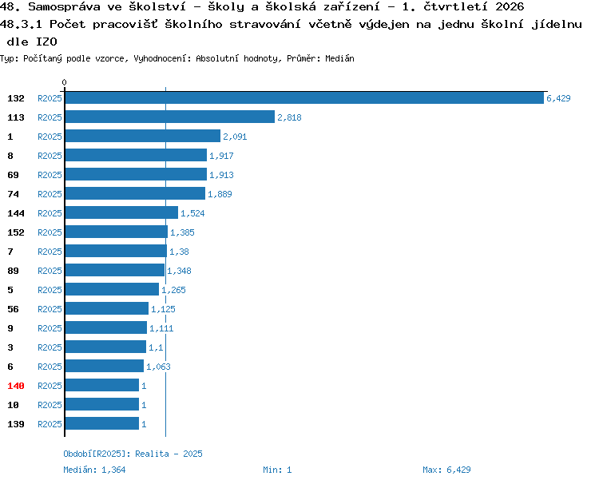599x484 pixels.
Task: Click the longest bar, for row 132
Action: pos(304,97)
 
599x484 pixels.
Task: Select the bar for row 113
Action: pos(170,117)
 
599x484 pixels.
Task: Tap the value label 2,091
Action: pos(235,137)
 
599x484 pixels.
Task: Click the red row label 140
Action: pos(16,386)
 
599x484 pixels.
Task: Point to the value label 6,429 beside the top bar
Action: pos(558,98)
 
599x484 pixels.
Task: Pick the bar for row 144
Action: pos(121,212)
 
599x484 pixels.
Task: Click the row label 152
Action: pos(16,232)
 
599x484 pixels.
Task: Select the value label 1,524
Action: pos(192,213)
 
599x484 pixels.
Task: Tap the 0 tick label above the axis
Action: pos(64,82)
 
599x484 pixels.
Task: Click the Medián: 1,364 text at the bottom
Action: pos(94,470)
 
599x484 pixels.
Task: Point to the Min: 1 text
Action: pos(277,470)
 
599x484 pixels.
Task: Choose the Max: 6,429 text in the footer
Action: pos(446,470)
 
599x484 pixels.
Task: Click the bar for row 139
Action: pos(102,423)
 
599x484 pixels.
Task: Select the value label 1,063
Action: pos(158,367)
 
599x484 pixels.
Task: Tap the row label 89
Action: pos(13,271)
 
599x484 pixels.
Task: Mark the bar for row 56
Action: pos(107,308)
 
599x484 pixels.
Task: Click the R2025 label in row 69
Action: pos(50,175)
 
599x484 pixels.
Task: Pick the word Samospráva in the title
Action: pos(64,7)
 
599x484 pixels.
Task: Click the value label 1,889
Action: pos(220,194)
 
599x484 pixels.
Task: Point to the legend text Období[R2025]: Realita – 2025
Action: pos(133,454)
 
